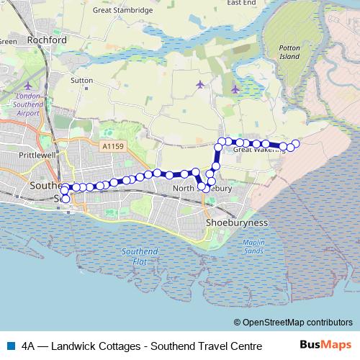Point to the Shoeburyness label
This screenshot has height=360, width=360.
point(237,223)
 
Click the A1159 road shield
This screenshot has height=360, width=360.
point(111,145)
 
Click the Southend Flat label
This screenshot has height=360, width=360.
point(135,255)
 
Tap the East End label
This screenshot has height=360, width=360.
point(242,3)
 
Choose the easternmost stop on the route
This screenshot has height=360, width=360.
point(295,144)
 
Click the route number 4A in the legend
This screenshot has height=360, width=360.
point(28,345)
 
